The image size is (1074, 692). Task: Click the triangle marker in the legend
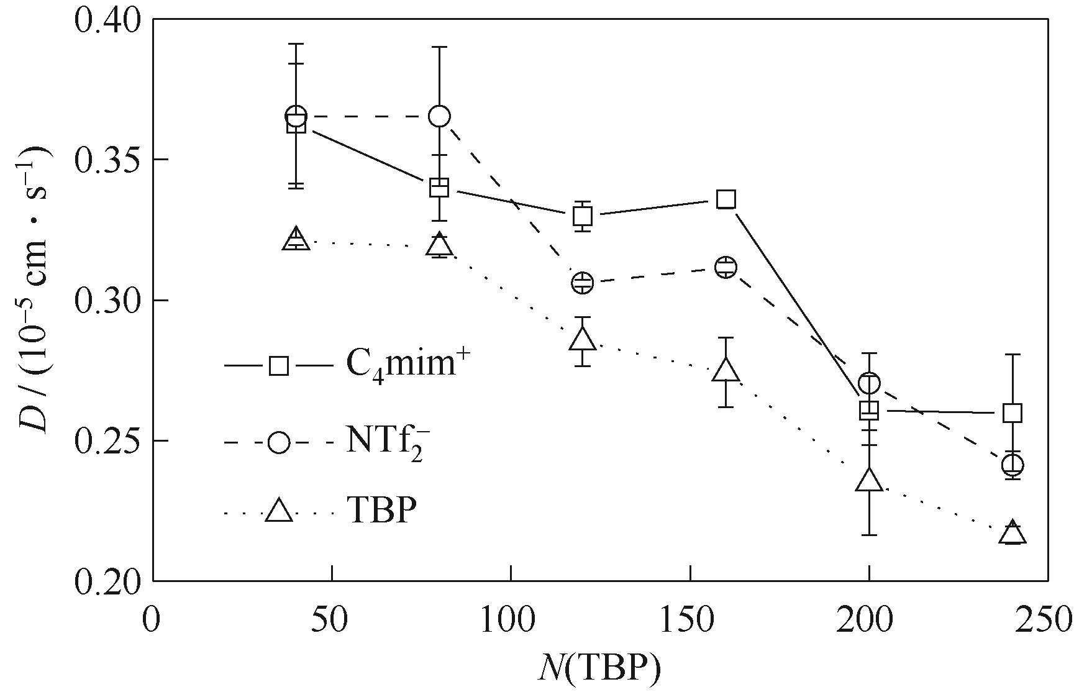279,511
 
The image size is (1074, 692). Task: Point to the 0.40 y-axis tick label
106,19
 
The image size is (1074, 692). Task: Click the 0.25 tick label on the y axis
106,440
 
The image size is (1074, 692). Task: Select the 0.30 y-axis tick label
106,300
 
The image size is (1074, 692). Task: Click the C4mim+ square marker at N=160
726,199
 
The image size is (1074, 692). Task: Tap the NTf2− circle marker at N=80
439,116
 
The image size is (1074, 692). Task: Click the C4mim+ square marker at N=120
583,216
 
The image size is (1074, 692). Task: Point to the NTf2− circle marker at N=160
726,268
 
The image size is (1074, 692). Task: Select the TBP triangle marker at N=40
296,239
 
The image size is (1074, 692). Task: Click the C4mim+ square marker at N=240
1013,412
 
